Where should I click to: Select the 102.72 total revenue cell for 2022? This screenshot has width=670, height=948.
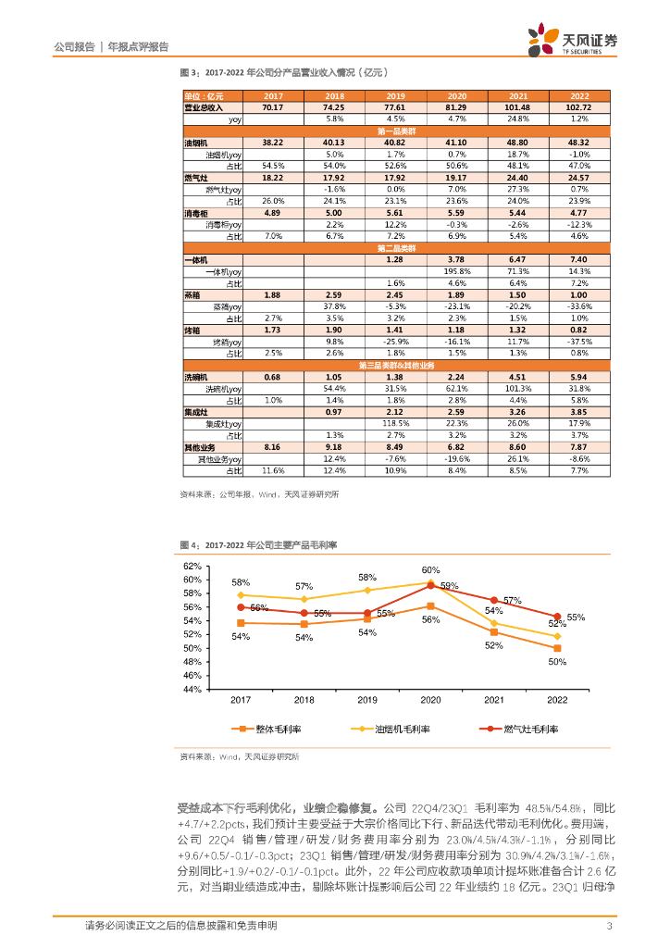click(x=579, y=107)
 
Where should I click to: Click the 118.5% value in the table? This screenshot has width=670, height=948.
click(x=395, y=423)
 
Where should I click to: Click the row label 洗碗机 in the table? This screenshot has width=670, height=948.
click(x=197, y=377)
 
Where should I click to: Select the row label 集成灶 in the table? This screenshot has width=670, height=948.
click(x=197, y=412)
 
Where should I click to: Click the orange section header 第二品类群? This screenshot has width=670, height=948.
click(x=396, y=248)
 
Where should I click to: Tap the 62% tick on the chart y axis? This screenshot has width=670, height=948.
click(x=192, y=566)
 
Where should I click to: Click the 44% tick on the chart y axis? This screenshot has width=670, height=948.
click(x=192, y=689)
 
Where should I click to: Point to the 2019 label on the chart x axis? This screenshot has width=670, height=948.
click(x=367, y=701)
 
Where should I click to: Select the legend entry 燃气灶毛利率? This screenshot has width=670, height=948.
click(x=524, y=730)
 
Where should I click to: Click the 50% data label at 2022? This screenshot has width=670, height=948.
click(x=556, y=662)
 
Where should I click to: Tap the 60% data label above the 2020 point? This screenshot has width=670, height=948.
click(x=430, y=570)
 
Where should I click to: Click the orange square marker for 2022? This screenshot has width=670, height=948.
click(x=557, y=648)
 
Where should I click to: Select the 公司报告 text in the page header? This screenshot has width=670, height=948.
click(x=76, y=46)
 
